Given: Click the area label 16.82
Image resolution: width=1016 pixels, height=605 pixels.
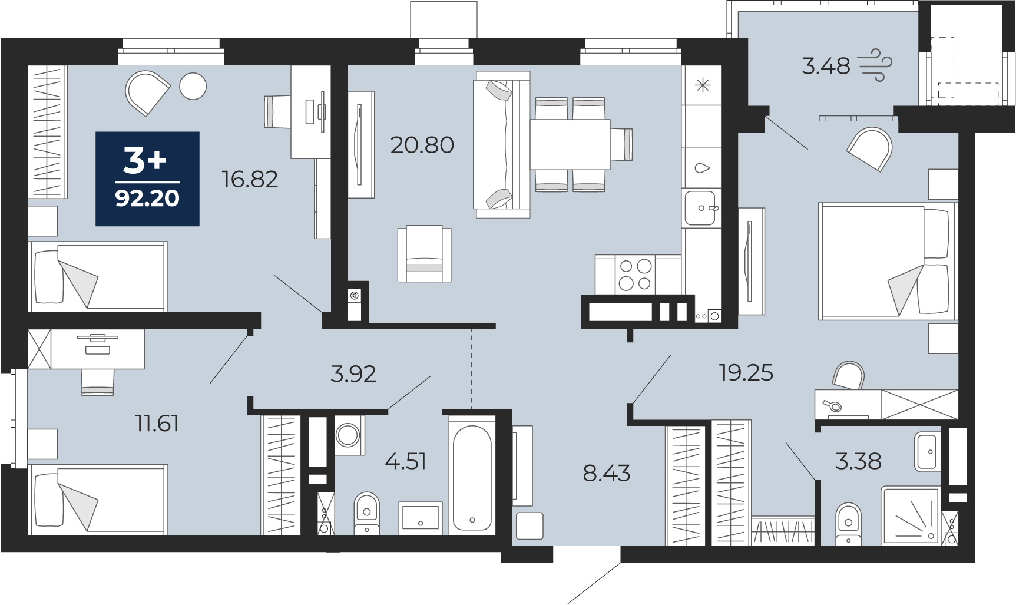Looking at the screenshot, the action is (x=250, y=179).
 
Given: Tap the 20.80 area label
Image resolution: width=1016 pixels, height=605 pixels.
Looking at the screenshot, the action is (x=422, y=145).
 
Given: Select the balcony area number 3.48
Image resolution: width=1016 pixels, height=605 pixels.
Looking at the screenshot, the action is (x=826, y=66).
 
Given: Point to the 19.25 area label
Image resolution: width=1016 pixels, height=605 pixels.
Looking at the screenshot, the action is (x=746, y=372).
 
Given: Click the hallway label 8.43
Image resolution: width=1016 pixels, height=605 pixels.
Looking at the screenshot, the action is (x=607, y=473).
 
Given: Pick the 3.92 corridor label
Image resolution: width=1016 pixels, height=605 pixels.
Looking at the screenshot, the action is (x=353, y=373).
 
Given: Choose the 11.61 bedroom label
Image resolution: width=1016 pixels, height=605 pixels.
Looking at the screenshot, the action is (x=157, y=424).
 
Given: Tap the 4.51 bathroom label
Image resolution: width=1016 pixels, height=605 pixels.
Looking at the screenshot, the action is (x=405, y=461).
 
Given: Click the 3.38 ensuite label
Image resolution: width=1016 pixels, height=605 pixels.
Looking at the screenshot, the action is (x=858, y=461).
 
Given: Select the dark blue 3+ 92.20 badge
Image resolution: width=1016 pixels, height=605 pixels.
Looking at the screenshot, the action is (x=147, y=178).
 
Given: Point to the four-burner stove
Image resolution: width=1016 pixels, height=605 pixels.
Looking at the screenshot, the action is (x=636, y=275).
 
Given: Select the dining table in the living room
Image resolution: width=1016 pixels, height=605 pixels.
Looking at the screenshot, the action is (x=570, y=145).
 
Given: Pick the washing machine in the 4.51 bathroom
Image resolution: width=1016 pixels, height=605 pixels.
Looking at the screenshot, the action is (x=349, y=435).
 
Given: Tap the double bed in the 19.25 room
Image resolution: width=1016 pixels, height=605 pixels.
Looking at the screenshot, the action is (x=886, y=262).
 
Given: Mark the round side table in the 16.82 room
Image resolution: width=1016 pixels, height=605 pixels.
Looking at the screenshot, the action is (x=193, y=87).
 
